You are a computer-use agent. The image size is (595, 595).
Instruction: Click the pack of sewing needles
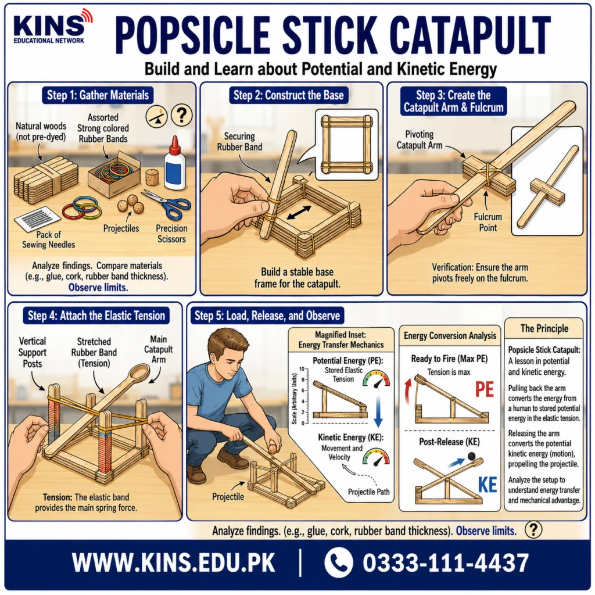pos(37,219)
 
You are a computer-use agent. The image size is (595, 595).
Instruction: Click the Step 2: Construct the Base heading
pos(288,95)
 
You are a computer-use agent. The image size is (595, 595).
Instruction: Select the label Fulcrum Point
pos(488,223)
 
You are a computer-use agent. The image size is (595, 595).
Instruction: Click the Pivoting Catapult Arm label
pos(420,139)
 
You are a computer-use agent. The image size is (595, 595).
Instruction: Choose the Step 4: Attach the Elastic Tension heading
pos(96,316)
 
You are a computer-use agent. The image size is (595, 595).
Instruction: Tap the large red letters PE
pos(485,389)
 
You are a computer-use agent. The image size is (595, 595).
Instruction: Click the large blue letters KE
pos(488,485)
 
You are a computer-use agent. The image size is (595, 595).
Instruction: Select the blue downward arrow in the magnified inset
pos(378,411)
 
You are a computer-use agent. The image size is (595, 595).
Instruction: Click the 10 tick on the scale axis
pos(302,369)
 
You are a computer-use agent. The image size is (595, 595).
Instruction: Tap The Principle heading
pos(544,328)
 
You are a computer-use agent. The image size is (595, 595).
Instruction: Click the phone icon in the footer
pos(339,562)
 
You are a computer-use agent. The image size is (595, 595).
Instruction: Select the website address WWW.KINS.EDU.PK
pos(173,562)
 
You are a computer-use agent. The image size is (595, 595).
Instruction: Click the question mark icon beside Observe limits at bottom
pos(533,529)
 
